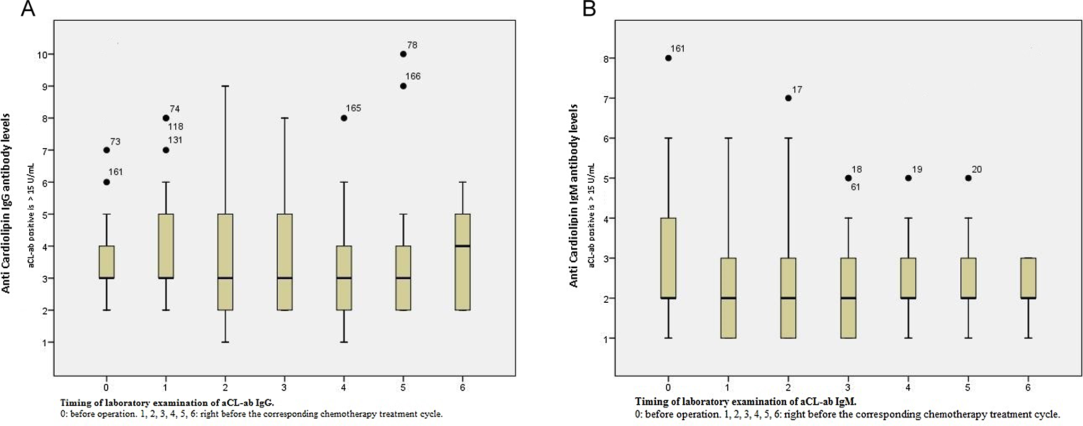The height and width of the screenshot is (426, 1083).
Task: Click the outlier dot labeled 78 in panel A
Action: coord(403,54)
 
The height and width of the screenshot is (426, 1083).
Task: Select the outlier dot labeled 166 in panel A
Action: coord(403,86)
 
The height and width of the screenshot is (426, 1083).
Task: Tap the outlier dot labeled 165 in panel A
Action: coord(344,118)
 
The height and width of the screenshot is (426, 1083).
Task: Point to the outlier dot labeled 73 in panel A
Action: coord(106,150)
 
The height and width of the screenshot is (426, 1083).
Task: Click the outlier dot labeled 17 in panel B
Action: coord(788,98)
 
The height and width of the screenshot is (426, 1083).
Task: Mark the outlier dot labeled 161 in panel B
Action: coord(668,58)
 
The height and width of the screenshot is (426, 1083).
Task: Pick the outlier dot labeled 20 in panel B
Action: coord(968,178)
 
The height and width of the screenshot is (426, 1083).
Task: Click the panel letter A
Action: coord(28,9)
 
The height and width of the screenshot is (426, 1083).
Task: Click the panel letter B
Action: coord(589,9)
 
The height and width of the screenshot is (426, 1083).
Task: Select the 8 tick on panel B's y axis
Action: coord(607,58)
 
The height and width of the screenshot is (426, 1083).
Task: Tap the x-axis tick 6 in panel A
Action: coord(462,387)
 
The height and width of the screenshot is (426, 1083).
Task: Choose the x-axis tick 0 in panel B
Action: coord(668,387)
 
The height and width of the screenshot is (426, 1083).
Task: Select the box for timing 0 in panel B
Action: coord(668,258)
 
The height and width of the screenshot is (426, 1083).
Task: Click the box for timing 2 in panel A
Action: coord(225,262)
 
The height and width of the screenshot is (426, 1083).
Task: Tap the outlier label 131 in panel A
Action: coord(175,140)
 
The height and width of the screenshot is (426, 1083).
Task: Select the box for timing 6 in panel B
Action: coord(1028,278)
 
